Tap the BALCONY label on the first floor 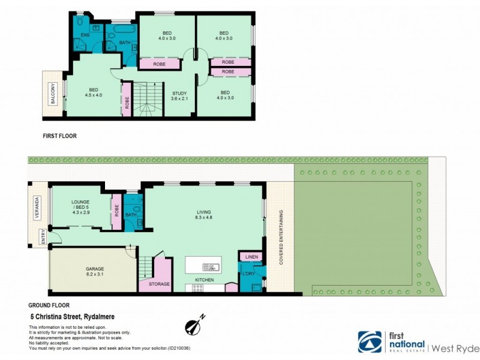53,95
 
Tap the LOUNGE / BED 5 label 80,206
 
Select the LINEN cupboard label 250,257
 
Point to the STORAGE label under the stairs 159,284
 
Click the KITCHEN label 205,280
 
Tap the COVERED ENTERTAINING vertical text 280,238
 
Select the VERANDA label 37,208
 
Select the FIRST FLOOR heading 59,136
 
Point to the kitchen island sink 208,266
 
